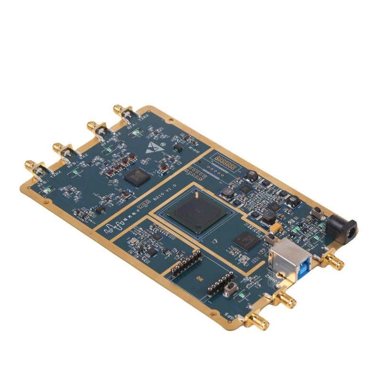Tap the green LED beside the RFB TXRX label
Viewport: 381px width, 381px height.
47,192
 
